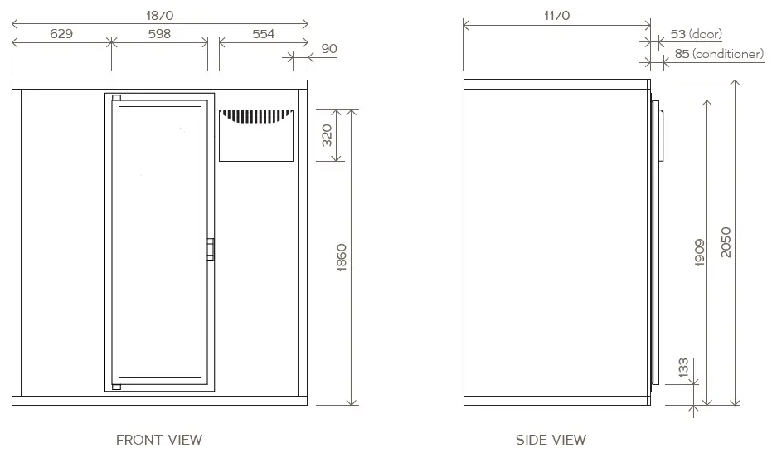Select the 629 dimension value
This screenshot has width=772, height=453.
click(x=61, y=34)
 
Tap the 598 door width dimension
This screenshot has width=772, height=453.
click(x=158, y=34)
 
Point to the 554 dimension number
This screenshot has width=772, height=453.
click(x=262, y=34)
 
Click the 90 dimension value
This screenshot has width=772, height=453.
click(x=329, y=49)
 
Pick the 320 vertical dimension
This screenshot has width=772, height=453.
click(x=327, y=134)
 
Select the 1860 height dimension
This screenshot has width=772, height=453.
click(x=342, y=259)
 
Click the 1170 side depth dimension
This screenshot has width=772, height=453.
click(x=556, y=16)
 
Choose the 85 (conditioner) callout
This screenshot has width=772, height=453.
click(x=715, y=54)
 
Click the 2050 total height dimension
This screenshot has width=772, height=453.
click(x=726, y=242)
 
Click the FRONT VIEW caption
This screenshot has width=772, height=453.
click(x=158, y=440)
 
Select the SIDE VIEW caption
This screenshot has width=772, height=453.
click(x=551, y=440)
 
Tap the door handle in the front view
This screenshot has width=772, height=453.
click(x=211, y=248)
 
